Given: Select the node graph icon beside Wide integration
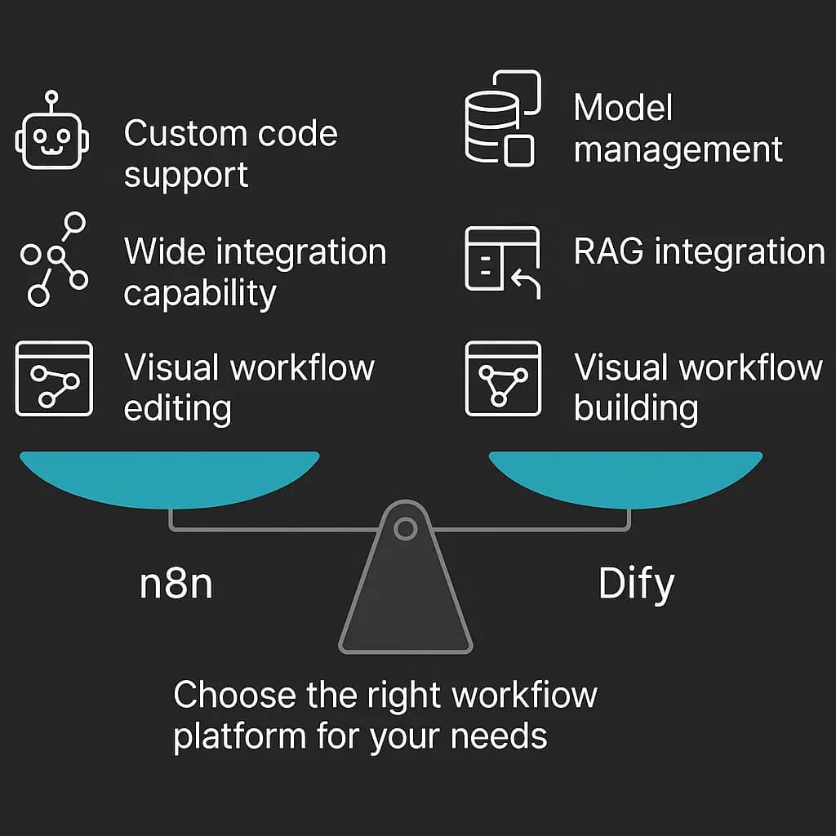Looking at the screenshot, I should click(54, 259).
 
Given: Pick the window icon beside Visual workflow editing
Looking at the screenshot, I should click(54, 378).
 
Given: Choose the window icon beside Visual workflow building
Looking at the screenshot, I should click(502, 378).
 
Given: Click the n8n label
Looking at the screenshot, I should click(176, 584).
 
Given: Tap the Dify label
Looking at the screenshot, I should click(636, 585).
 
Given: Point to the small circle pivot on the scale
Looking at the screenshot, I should click(405, 529).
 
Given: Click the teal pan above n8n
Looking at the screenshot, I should click(169, 477).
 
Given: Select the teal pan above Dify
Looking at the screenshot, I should click(625, 477).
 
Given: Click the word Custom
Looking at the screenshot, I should click(181, 134).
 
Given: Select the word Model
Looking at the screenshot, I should click(623, 109).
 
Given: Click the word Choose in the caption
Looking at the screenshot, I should click(234, 696).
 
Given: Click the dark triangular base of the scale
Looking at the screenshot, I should click(405, 604).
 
